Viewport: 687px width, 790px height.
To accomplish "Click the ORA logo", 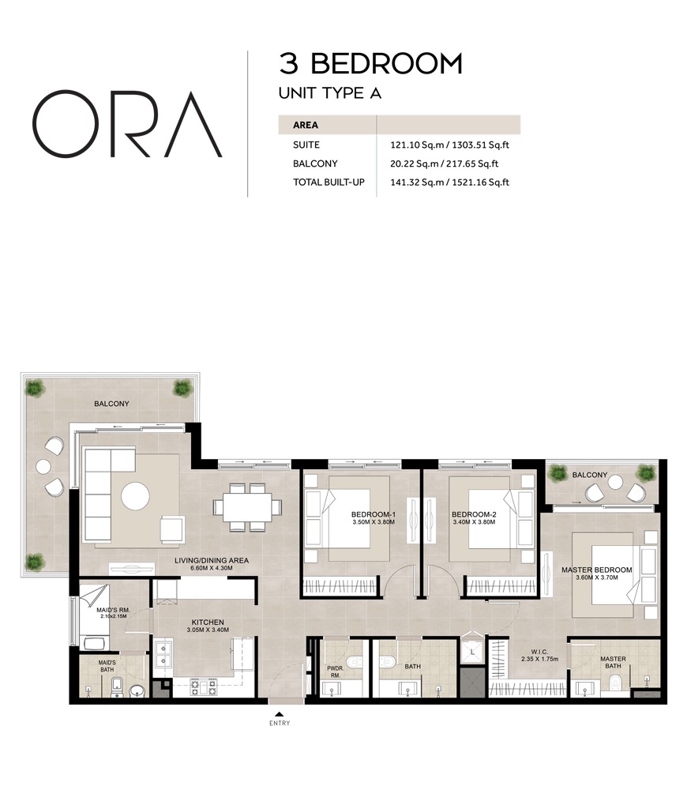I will click(126, 124).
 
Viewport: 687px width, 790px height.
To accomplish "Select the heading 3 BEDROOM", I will click(370, 63).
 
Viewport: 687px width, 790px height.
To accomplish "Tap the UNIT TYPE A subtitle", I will click(330, 93).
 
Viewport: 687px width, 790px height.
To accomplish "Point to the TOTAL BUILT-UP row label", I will click(328, 182).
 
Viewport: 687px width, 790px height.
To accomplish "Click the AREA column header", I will click(306, 125).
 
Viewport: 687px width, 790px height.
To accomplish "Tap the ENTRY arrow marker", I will click(279, 714).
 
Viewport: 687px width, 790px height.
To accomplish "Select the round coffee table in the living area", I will click(135, 496).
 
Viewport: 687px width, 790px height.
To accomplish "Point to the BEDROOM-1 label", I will click(373, 514).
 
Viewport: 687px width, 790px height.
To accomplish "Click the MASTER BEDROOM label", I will click(596, 570).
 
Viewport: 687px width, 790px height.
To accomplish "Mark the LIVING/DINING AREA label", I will click(212, 561).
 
